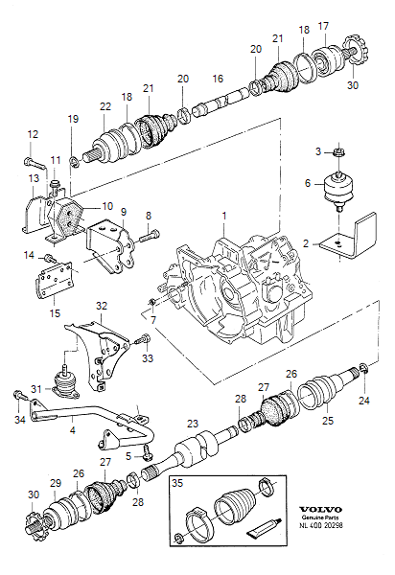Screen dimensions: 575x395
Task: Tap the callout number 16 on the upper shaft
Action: (218, 80)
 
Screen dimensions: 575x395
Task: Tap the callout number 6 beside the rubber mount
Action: (308, 183)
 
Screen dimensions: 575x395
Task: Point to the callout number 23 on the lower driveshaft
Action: (192, 423)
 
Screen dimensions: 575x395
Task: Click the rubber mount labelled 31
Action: (66, 387)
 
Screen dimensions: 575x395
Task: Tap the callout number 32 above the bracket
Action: (101, 306)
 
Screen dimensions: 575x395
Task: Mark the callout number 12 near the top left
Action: (32, 134)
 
